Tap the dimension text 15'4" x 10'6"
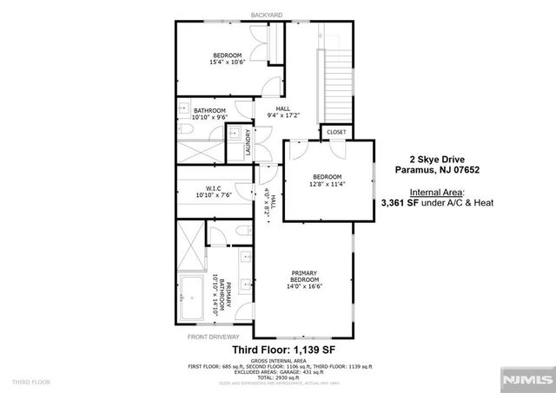pos(228,62)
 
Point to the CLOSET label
pos(334,132)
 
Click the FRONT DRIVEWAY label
pos(214,336)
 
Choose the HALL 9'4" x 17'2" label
pos(283,112)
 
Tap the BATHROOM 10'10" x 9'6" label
pos(210,114)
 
